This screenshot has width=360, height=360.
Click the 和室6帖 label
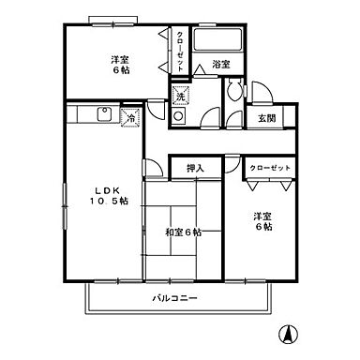pos(182,232)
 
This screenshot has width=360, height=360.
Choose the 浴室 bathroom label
pos(221,65)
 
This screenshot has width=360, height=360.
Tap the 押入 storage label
pos(196,168)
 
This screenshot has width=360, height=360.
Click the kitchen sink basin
pos(102,117)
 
